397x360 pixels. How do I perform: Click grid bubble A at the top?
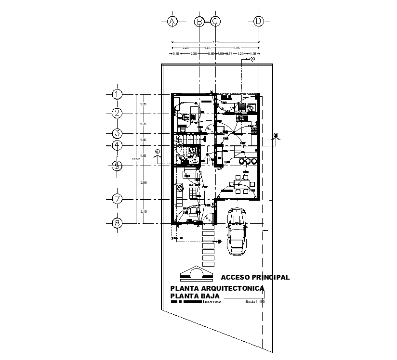[172, 21]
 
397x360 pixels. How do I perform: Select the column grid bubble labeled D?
[259, 21]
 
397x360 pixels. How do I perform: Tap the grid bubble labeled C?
[215, 21]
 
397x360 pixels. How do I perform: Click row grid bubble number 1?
[117, 94]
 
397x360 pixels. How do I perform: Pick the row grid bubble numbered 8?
[117, 223]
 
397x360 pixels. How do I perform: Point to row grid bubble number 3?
[117, 133]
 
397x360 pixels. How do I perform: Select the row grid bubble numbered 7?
[117, 199]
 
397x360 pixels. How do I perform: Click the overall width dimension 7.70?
[215, 42]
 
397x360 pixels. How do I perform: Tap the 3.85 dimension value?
[237, 48]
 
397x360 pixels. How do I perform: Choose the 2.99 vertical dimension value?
[143, 183]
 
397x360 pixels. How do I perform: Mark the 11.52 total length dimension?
[136, 158]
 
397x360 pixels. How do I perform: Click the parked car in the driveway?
[237, 231]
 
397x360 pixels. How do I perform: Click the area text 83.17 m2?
[212, 302]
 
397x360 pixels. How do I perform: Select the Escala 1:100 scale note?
[255, 302]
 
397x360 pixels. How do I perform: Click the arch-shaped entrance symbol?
[196, 273]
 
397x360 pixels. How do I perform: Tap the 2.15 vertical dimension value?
[143, 212]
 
